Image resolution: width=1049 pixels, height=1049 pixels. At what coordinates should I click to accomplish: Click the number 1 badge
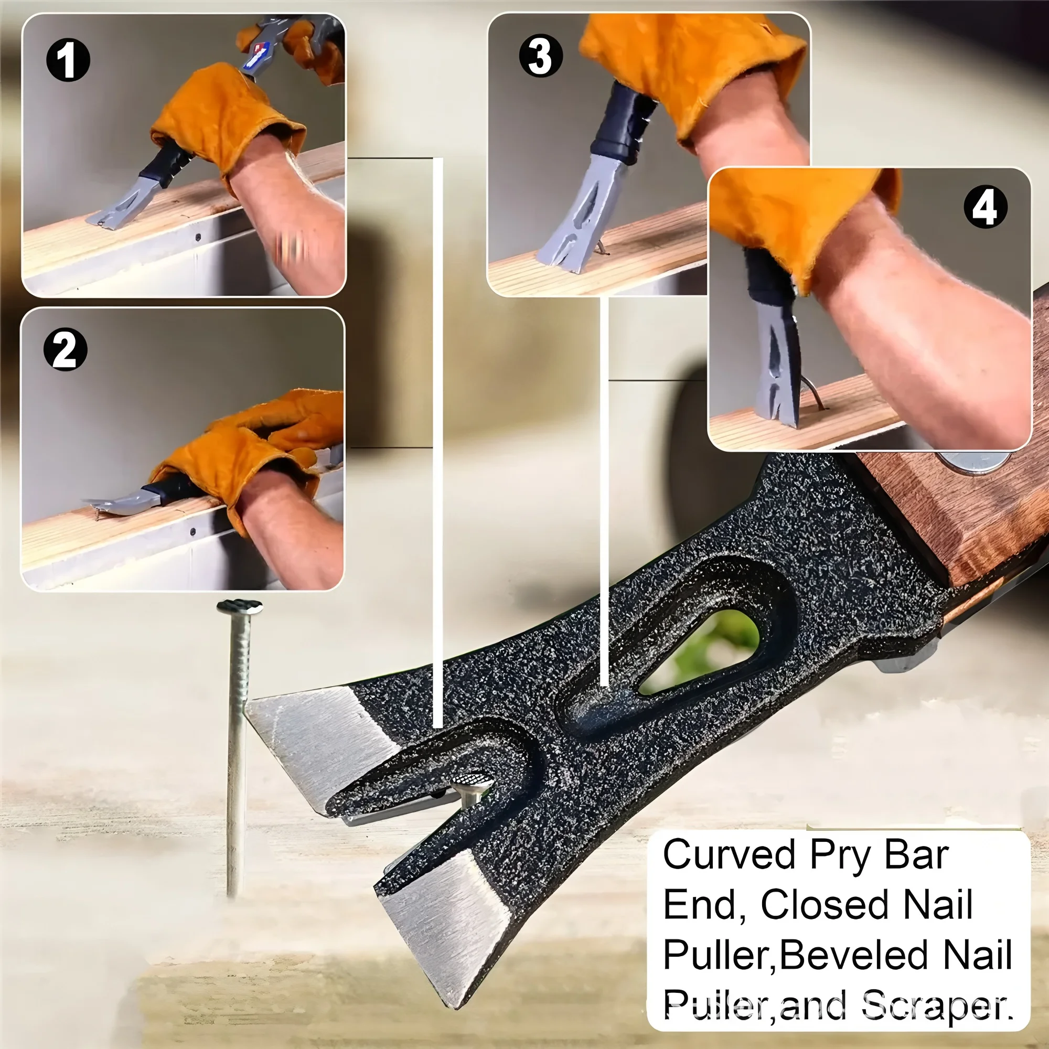coord(68,60)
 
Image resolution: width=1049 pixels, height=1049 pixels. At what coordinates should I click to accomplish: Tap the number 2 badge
coord(65,349)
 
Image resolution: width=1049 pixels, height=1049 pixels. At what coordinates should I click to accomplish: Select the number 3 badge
coord(541,56)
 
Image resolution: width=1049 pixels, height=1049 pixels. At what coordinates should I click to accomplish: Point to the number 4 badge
coord(986,207)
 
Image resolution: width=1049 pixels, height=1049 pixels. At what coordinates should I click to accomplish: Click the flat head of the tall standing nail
coord(240,606)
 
